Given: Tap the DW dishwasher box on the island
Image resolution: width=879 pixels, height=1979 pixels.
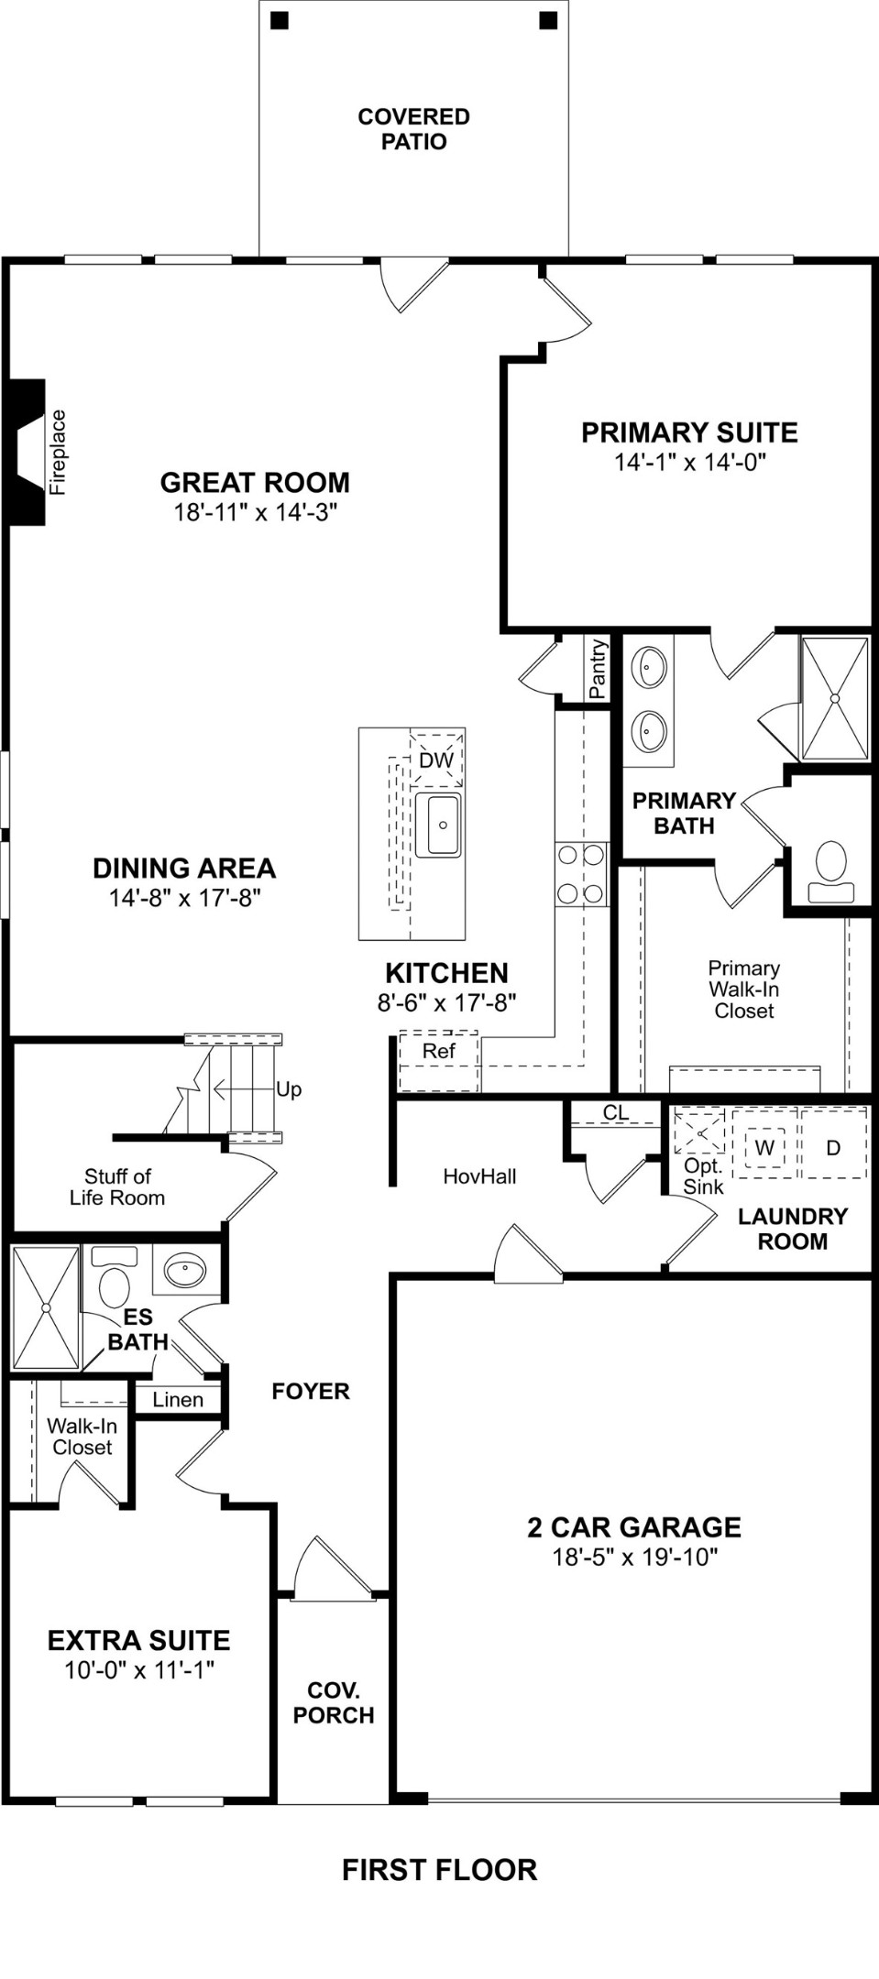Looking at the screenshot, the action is [x=436, y=760].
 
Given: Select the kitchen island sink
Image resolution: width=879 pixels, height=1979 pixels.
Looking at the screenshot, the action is [x=438, y=825].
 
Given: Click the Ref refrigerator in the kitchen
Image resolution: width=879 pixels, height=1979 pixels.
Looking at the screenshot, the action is [x=438, y=1062].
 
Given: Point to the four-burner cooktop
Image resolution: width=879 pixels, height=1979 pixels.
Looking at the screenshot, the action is [x=581, y=874].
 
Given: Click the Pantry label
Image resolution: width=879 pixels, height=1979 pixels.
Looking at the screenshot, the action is [x=598, y=670].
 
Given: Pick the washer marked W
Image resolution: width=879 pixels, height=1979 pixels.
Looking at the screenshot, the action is [x=764, y=1147].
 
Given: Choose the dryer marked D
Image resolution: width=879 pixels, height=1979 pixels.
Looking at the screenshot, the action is [x=833, y=1147].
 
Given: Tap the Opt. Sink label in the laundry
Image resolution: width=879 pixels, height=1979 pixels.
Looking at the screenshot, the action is [x=703, y=1176].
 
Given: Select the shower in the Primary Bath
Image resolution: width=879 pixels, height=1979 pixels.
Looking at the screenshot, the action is [x=835, y=698].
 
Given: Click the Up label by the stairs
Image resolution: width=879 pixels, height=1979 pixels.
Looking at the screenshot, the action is [x=289, y=1089].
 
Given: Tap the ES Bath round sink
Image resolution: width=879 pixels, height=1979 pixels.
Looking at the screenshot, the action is [x=186, y=1271].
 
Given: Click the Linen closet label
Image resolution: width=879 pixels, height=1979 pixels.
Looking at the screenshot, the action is [x=178, y=1400].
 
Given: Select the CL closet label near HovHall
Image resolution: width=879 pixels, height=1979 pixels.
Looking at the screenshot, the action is [x=616, y=1112].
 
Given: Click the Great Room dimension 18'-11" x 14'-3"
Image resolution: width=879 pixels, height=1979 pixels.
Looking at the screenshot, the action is [x=256, y=512].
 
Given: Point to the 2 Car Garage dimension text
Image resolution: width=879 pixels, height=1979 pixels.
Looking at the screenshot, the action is [x=634, y=1557].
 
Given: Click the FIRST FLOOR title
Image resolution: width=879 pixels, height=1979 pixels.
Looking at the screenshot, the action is [x=439, y=1870].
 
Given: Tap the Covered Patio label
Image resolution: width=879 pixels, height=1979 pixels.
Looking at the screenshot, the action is [x=414, y=129].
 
